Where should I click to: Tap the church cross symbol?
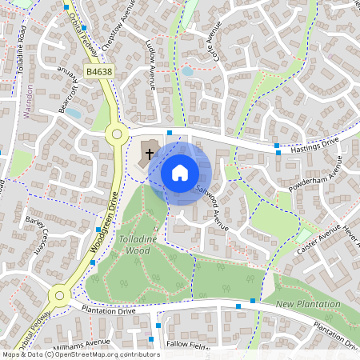pyautogui.click(x=150, y=152)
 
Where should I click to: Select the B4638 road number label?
pyautogui.click(x=99, y=72)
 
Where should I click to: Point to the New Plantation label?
pyautogui.click(x=308, y=305)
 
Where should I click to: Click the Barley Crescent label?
pyautogui.click(x=38, y=231)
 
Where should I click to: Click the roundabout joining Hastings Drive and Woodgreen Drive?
pyautogui.click(x=117, y=135)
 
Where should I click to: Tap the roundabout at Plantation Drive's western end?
pyautogui.click(x=59, y=296)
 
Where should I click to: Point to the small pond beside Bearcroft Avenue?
pyautogui.click(x=73, y=114)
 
